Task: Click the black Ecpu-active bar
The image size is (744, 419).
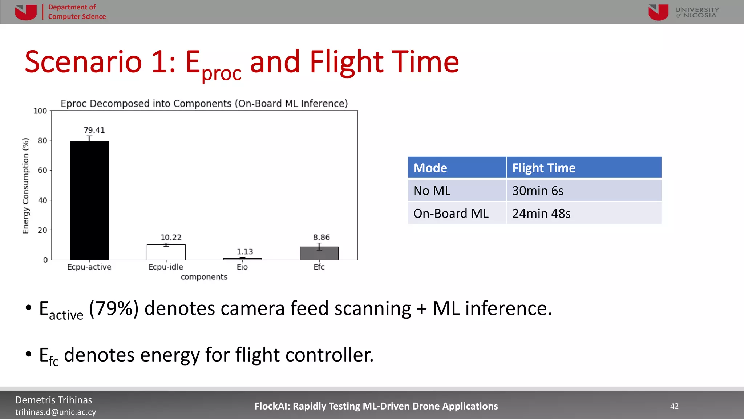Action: tap(89, 200)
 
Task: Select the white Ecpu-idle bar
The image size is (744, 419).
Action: tap(166, 252)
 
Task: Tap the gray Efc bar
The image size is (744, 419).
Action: tap(319, 254)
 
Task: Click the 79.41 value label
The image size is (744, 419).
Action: tap(94, 130)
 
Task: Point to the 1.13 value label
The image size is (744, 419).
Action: tap(245, 252)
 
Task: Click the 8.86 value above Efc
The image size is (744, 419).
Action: tap(322, 238)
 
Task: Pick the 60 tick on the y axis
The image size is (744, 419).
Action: tap(42, 170)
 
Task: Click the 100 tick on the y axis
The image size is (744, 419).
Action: tap(40, 111)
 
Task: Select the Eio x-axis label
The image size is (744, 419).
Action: tap(242, 267)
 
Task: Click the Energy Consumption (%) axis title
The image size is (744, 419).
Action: tap(25, 185)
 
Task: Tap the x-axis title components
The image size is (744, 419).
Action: tap(204, 277)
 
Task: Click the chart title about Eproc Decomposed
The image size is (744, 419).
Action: tap(204, 104)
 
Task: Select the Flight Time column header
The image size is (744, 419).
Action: tap(544, 168)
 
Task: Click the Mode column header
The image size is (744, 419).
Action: tap(430, 168)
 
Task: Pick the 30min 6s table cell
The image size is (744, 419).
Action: tap(538, 191)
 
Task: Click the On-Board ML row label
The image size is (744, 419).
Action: tap(451, 213)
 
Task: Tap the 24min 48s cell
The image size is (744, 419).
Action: tap(541, 213)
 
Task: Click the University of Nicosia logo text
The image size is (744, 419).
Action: tap(697, 12)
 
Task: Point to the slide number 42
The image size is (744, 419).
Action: tap(674, 406)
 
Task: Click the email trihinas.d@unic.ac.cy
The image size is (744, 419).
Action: tap(56, 412)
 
